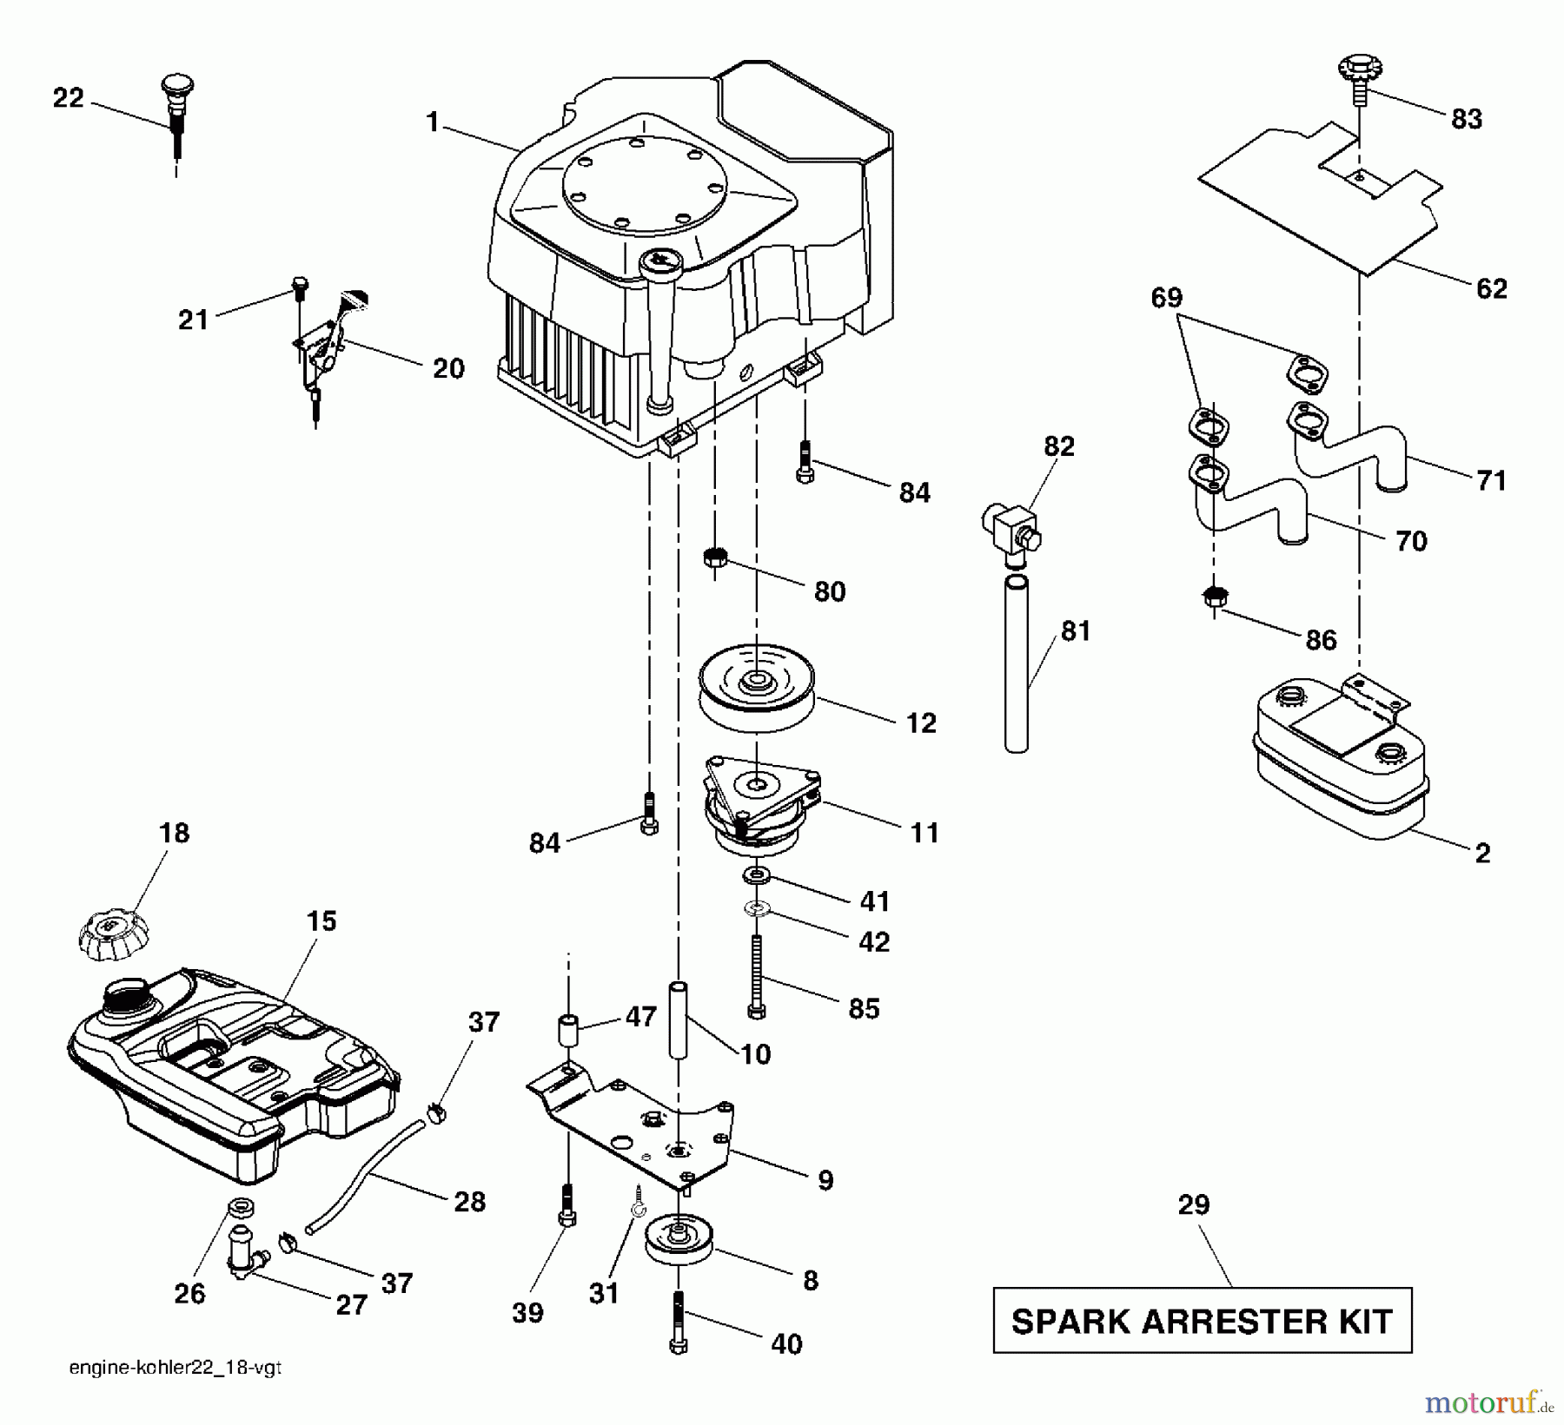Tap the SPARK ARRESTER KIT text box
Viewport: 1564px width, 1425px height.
(x=1203, y=1321)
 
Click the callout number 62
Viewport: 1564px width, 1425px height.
(x=1491, y=288)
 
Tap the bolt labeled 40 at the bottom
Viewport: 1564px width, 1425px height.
(x=679, y=1321)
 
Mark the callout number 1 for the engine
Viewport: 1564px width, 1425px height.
(x=432, y=122)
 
